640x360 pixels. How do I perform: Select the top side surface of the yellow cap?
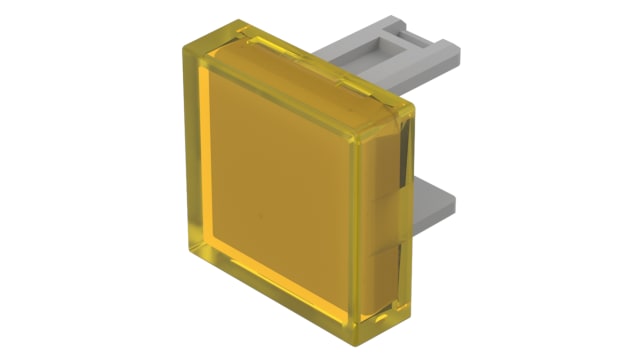click(x=300, y=55)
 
